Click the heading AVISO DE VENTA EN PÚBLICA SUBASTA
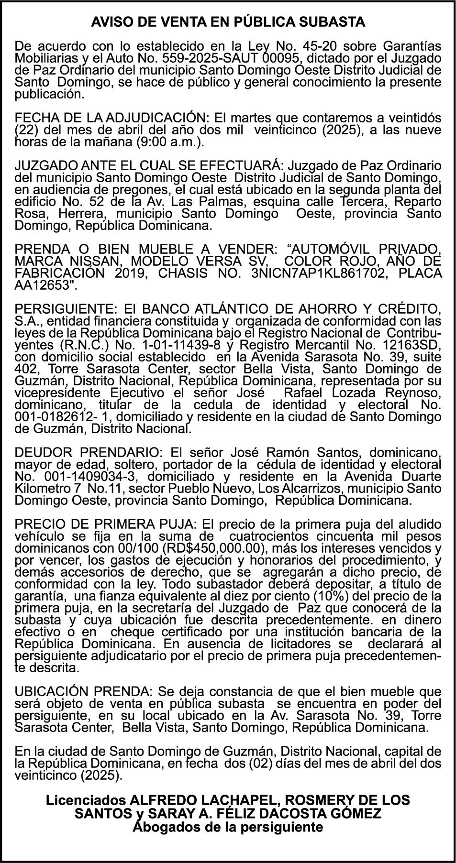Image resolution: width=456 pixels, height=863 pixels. [228, 22]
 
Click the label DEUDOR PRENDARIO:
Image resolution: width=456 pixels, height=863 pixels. [89, 452]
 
